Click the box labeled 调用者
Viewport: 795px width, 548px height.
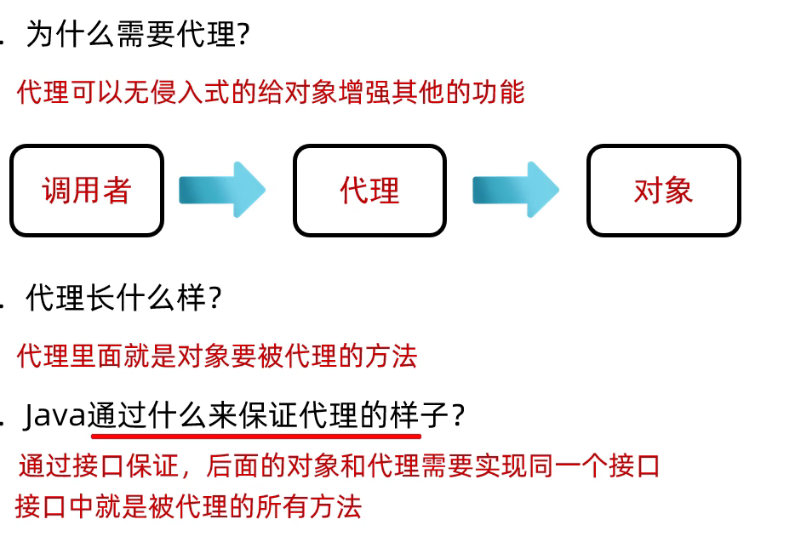(86, 191)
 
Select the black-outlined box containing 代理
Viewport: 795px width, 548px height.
(369, 191)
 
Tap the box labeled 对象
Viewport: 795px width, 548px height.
(663, 191)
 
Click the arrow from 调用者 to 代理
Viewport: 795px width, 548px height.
(222, 190)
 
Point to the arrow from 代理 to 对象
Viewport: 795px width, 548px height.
(516, 190)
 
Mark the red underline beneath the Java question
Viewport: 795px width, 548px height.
(255, 436)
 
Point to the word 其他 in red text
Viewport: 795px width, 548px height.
(417, 91)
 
